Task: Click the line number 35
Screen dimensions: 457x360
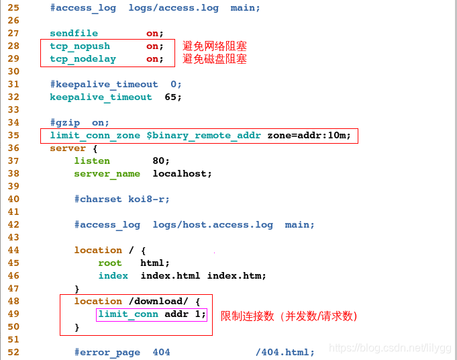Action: click(x=13, y=135)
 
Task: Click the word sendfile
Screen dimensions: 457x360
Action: click(x=74, y=33)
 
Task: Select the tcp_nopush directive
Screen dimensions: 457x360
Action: click(x=80, y=46)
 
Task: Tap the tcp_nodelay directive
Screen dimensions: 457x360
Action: click(x=83, y=58)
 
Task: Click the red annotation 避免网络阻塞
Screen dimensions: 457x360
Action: click(x=215, y=46)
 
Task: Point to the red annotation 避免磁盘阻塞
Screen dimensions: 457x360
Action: click(x=215, y=59)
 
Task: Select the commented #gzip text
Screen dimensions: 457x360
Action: click(x=64, y=122)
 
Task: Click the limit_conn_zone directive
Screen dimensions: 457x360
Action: click(x=95, y=135)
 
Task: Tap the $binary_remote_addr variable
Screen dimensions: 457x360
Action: click(x=204, y=135)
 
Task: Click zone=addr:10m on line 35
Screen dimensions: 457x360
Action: click(x=309, y=135)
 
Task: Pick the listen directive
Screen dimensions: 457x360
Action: click(x=92, y=161)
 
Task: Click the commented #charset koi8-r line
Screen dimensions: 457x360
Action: click(x=121, y=199)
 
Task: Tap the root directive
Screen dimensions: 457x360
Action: click(x=110, y=263)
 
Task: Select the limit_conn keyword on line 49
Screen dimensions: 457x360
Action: click(x=128, y=314)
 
